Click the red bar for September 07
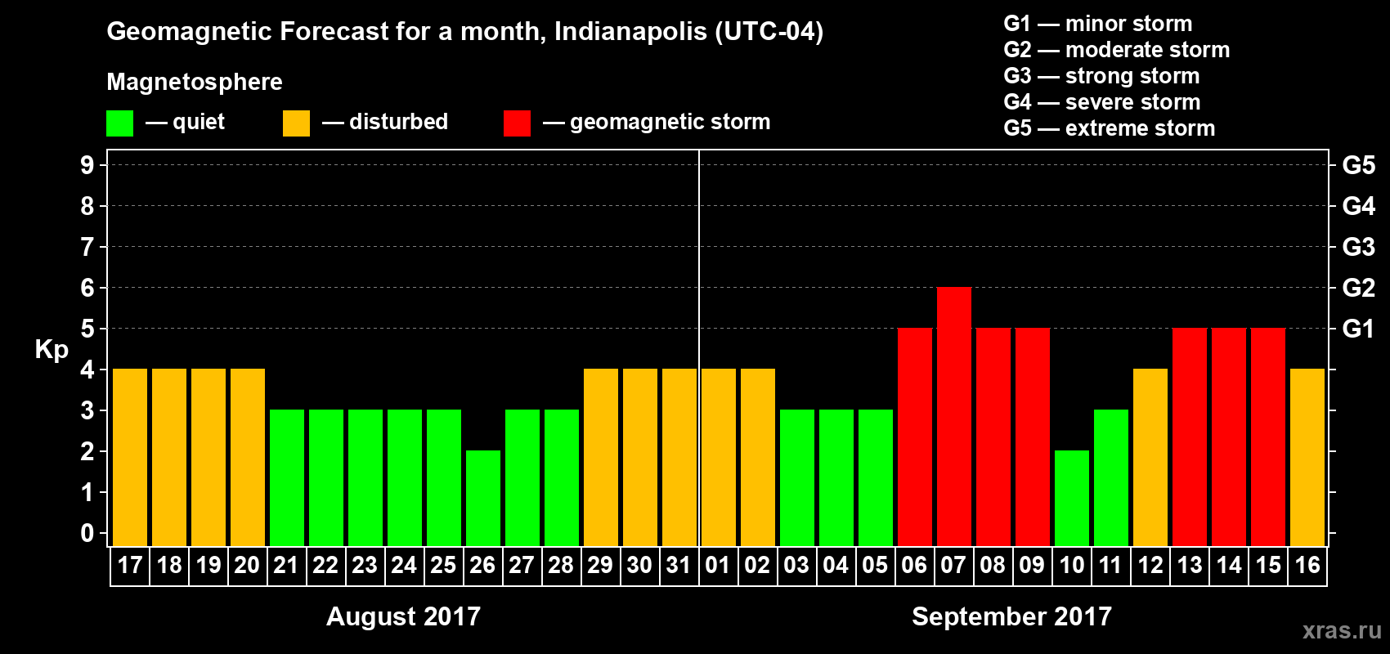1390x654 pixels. tap(953, 417)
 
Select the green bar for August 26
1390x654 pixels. tap(482, 499)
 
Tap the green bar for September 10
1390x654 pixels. tap(1071, 499)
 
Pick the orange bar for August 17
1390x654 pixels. tap(130, 458)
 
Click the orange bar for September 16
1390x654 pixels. tap(1307, 458)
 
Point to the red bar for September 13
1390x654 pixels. tap(1189, 437)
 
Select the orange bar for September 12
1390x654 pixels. tap(1150, 458)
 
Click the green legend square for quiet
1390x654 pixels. tap(120, 123)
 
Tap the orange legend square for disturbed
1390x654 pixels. tap(296, 123)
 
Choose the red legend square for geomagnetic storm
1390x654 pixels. tap(517, 123)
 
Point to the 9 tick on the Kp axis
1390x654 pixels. tap(87, 165)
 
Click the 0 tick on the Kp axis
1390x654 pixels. tap(87, 533)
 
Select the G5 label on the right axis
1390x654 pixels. tap(1358, 165)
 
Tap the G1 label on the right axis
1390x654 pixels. tap(1358, 329)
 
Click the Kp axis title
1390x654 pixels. tap(52, 350)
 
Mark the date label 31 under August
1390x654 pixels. tap(679, 565)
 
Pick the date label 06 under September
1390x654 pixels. tap(914, 565)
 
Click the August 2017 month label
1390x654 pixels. tap(403, 616)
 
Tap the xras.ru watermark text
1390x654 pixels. tap(1342, 630)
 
